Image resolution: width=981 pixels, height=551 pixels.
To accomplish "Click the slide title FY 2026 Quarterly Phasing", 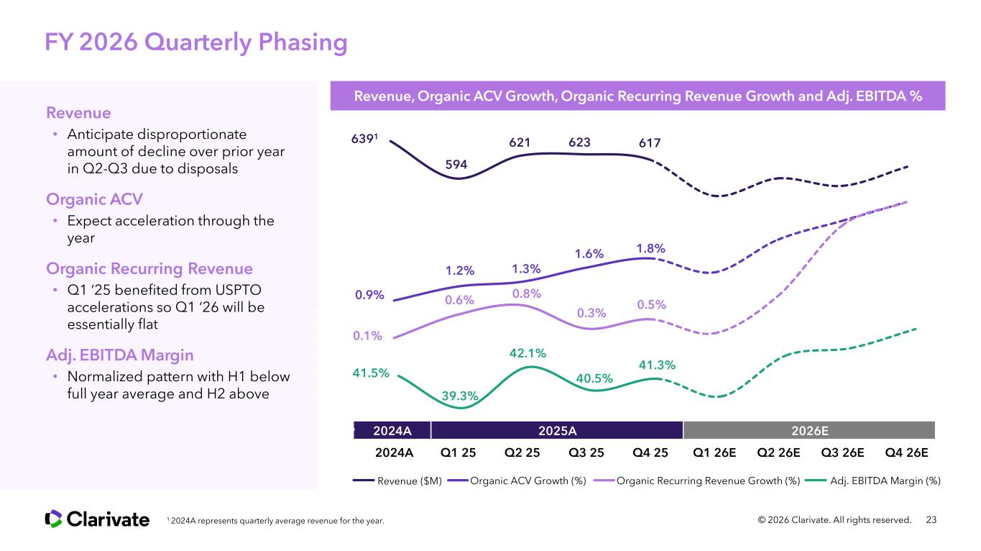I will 196,42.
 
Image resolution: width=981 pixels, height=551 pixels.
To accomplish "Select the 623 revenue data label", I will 580,142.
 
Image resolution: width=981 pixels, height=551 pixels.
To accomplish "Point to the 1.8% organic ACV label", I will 650,248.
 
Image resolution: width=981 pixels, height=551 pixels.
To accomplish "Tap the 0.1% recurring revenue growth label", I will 367,335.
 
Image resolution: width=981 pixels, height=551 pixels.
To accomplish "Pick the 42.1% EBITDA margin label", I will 528,352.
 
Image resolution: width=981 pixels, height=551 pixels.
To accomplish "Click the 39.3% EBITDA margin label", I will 460,396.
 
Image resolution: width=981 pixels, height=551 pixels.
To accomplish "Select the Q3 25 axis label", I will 586,453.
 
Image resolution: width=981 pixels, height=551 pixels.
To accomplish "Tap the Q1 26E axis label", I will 714,453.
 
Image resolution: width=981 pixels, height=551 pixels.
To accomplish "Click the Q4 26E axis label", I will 907,453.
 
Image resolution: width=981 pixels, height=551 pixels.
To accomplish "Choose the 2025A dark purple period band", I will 557,430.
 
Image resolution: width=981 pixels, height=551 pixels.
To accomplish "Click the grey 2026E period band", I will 809,430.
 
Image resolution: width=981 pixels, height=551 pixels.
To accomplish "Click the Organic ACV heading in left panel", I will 94,199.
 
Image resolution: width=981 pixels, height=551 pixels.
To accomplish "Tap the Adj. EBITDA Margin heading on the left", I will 119,355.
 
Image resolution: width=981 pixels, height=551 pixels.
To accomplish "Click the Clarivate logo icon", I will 54,519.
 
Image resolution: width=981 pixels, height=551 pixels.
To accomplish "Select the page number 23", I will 933,519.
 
